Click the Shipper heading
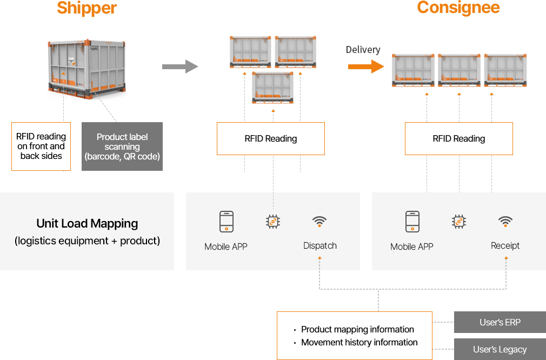pos(86,8)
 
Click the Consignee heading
pos(458,8)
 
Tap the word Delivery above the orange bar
pos(363,50)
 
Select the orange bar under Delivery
pos(366,66)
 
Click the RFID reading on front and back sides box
pos(41,146)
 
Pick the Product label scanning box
pos(122,146)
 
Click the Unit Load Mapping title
pos(87,223)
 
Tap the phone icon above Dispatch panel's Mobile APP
pos(226,222)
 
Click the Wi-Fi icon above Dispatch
pos(319,221)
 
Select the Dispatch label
pos(320,245)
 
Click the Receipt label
pos(505,245)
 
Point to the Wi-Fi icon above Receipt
pos(505,221)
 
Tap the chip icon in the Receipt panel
pos(459,222)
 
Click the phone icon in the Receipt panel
pos(412,222)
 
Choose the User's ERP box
pos(500,322)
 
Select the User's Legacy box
pos(500,349)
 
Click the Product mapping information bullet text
pos(357,329)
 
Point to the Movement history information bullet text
pos(359,342)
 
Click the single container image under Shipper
pos(87,69)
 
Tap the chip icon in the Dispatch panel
pos(273,222)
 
